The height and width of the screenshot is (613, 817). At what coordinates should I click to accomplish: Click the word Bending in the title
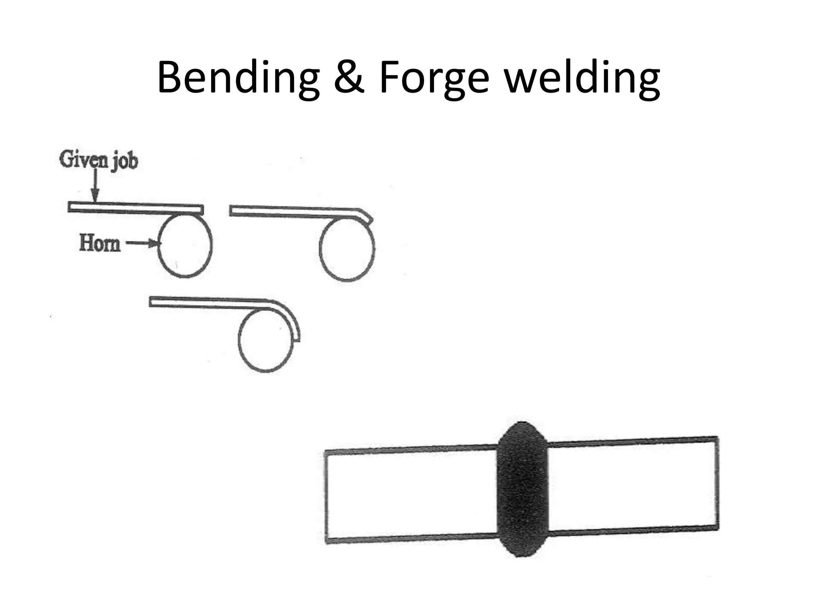point(239,79)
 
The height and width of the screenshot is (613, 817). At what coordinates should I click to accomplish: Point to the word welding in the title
point(582,79)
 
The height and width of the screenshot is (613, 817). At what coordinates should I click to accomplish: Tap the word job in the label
point(125,162)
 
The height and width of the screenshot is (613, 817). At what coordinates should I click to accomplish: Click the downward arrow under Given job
point(95,186)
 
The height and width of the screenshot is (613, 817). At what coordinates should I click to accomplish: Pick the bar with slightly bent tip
point(295,212)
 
